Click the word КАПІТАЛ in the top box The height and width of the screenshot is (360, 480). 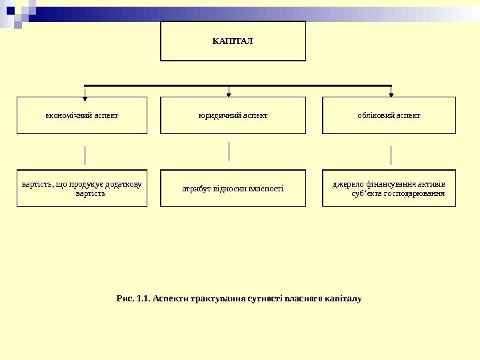point(233,41)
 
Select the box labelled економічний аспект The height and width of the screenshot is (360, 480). point(82,115)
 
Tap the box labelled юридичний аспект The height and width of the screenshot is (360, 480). point(233,115)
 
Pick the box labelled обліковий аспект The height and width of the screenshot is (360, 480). point(389,115)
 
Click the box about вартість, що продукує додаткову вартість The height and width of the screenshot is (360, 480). point(82,188)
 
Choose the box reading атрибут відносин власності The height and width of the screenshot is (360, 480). point(233,188)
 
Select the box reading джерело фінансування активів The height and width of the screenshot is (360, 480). point(389,188)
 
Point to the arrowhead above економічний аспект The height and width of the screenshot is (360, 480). point(85,94)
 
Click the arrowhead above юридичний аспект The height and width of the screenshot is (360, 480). point(229,94)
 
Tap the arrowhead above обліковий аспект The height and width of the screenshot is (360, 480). point(391,94)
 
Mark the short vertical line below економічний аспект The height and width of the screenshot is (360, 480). point(85,155)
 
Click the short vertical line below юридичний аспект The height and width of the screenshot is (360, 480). point(229,151)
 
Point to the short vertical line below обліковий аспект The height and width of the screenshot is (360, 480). point(391,155)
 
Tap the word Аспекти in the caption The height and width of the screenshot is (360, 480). point(171,299)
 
